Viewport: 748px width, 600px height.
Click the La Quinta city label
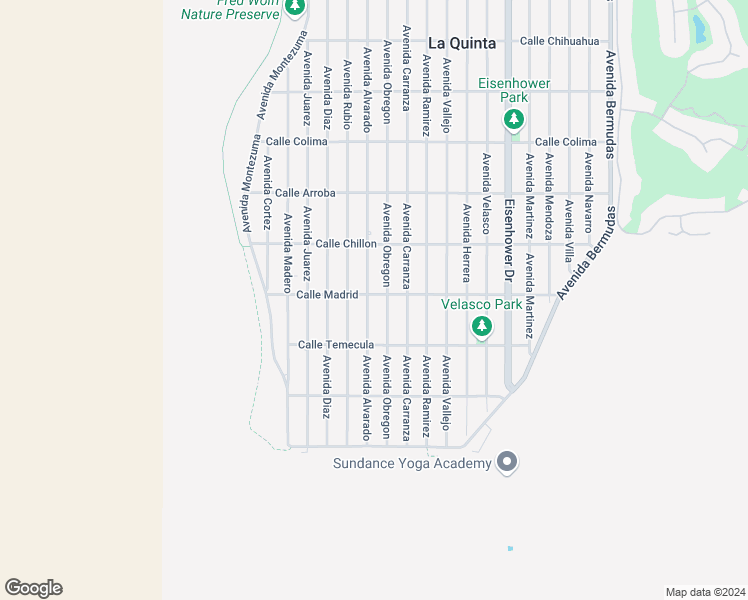pyautogui.click(x=462, y=43)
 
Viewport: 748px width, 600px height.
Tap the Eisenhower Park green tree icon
pyautogui.click(x=514, y=120)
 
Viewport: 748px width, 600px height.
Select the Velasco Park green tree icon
pyautogui.click(x=482, y=326)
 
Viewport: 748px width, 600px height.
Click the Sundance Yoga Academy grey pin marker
pyautogui.click(x=508, y=461)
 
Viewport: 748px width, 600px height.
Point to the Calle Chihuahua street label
pyautogui.click(x=559, y=41)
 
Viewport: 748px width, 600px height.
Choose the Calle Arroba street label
pyautogui.click(x=305, y=192)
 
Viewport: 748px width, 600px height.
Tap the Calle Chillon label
pyautogui.click(x=346, y=243)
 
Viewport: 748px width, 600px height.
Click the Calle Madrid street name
pyautogui.click(x=327, y=294)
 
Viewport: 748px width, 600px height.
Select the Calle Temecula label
pyautogui.click(x=336, y=344)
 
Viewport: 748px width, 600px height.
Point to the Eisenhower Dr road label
pyautogui.click(x=509, y=239)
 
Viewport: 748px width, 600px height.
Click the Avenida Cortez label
pyautogui.click(x=267, y=190)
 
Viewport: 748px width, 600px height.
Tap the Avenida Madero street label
pyautogui.click(x=287, y=253)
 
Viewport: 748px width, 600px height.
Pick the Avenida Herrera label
pyautogui.click(x=466, y=237)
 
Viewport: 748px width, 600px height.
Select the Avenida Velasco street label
pyautogui.click(x=486, y=193)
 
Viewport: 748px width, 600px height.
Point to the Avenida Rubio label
pyautogui.click(x=346, y=95)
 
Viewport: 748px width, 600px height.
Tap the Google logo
pyautogui.click(x=33, y=588)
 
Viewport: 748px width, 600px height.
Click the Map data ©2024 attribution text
pyautogui.click(x=704, y=591)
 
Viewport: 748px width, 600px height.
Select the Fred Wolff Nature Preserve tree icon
pyautogui.click(x=294, y=8)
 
